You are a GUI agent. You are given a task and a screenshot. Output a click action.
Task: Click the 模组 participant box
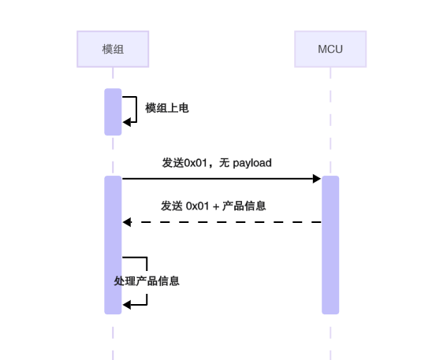tap(113, 49)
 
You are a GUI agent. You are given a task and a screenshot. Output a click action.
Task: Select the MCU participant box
tap(330, 49)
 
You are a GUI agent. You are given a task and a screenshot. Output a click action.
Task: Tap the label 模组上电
tap(167, 108)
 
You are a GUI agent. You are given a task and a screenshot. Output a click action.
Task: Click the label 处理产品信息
tap(147, 280)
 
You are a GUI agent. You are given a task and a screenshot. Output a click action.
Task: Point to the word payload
tap(252, 163)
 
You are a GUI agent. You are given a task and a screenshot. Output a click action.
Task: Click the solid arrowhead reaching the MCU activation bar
tap(317, 179)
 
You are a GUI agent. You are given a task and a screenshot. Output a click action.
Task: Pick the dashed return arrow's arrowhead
tap(127, 222)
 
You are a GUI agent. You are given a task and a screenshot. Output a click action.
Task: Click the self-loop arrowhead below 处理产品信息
tap(127, 305)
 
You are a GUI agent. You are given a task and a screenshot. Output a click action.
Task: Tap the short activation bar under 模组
tap(113, 112)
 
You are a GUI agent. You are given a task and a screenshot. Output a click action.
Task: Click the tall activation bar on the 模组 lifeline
tap(113, 244)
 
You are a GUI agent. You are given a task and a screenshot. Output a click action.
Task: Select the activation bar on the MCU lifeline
tap(330, 244)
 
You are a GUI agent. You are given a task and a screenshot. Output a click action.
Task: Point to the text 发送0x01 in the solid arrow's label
tap(183, 163)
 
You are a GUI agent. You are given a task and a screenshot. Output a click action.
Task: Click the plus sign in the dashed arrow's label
tap(215, 206)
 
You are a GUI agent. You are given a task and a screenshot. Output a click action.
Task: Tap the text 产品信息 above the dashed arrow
tap(244, 206)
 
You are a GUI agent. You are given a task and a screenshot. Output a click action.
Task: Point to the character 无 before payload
tap(225, 163)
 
